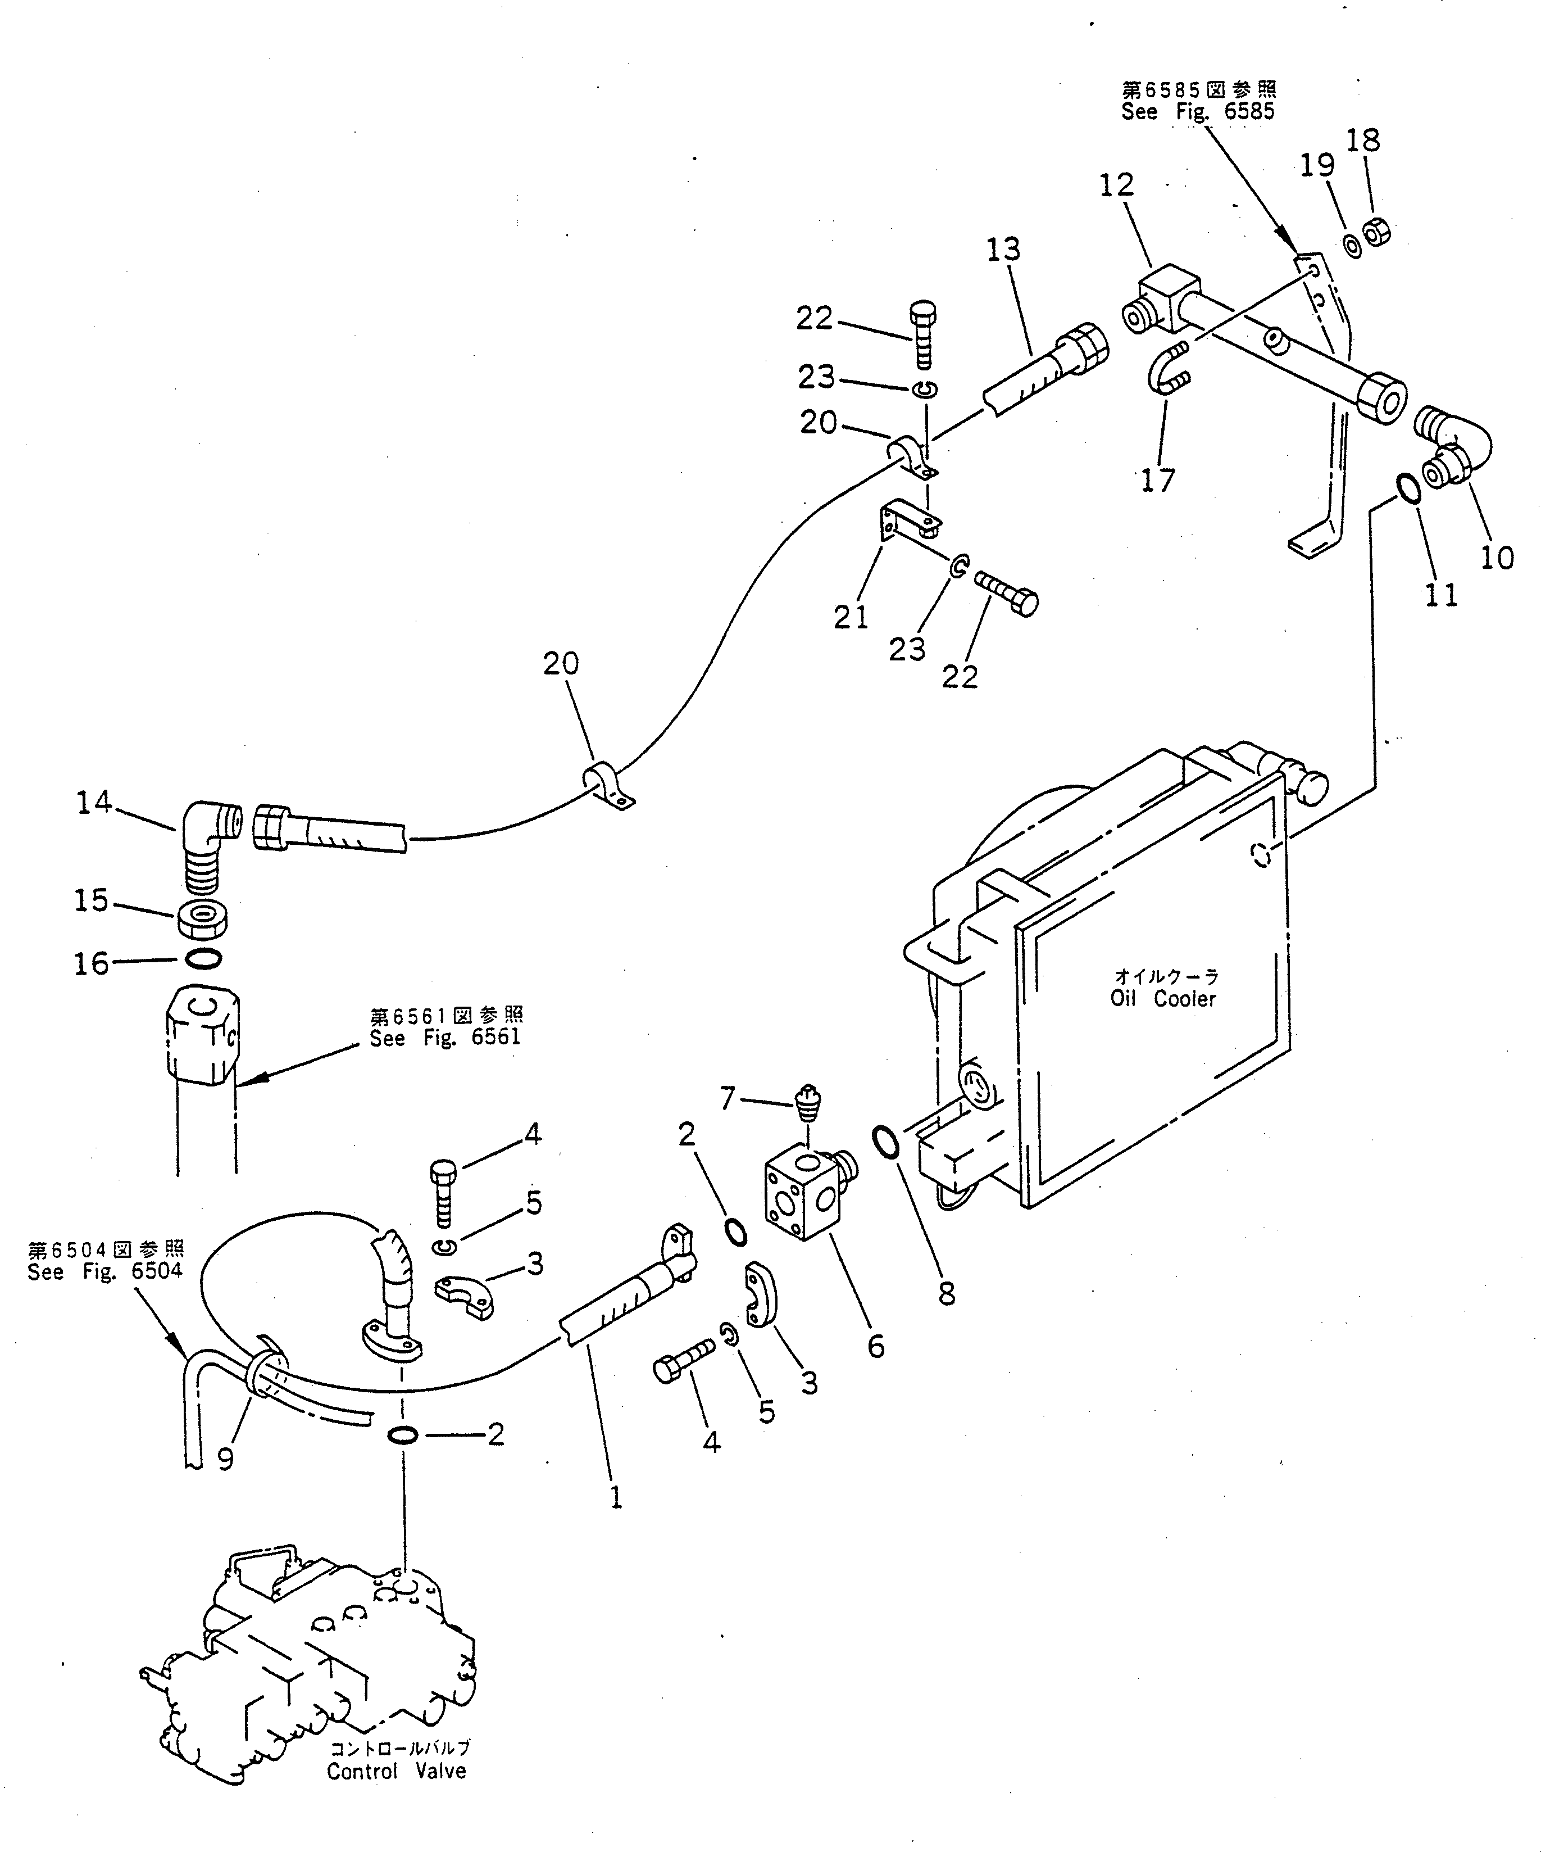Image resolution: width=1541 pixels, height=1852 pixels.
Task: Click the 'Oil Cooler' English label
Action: tap(1163, 999)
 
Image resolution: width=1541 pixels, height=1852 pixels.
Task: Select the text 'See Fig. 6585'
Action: tap(1198, 112)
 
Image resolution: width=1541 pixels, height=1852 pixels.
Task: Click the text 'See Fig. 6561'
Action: tap(445, 1038)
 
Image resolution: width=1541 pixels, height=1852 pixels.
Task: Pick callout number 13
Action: tap(1003, 250)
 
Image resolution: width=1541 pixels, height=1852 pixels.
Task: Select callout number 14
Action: tap(94, 803)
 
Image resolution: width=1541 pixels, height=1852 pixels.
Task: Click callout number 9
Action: tap(226, 1460)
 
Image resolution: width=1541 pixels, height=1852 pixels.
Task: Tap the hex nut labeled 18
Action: tap(1376, 233)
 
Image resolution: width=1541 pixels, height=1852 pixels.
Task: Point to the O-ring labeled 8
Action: tap(886, 1140)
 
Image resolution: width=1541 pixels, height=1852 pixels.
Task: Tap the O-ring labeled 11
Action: tap(1409, 488)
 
